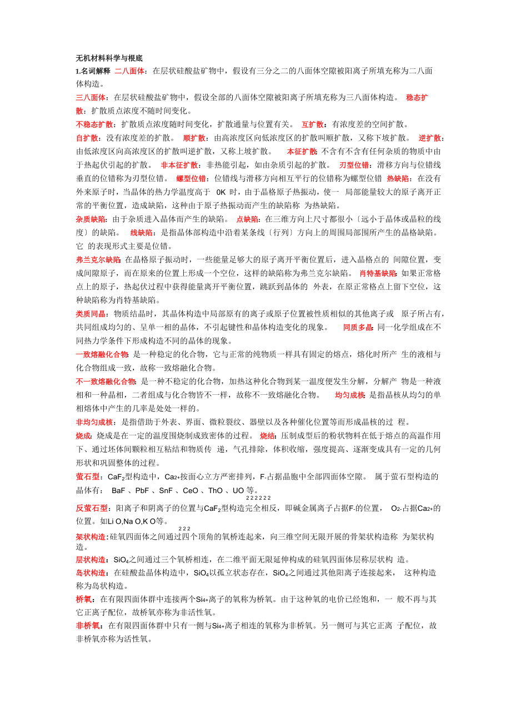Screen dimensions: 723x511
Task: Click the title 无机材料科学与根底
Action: [109, 58]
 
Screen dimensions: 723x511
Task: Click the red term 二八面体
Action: [129, 71]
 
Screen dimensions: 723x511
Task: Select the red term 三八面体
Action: [91, 98]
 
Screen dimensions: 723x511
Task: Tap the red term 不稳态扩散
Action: [94, 124]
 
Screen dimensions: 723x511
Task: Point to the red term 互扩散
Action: [313, 124]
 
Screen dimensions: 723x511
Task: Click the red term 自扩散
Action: [87, 138]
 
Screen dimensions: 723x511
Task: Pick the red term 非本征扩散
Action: [179, 165]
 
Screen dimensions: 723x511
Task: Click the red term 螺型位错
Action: [191, 178]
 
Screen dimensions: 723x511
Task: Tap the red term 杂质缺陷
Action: [91, 219]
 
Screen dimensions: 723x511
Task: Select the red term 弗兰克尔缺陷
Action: [98, 259]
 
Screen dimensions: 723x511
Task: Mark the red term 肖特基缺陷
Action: [378, 273]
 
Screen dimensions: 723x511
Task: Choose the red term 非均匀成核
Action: [94, 422]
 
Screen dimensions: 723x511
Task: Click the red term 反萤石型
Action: [92, 508]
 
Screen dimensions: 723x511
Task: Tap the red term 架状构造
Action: [91, 537]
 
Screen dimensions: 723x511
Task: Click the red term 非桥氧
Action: [88, 626]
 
